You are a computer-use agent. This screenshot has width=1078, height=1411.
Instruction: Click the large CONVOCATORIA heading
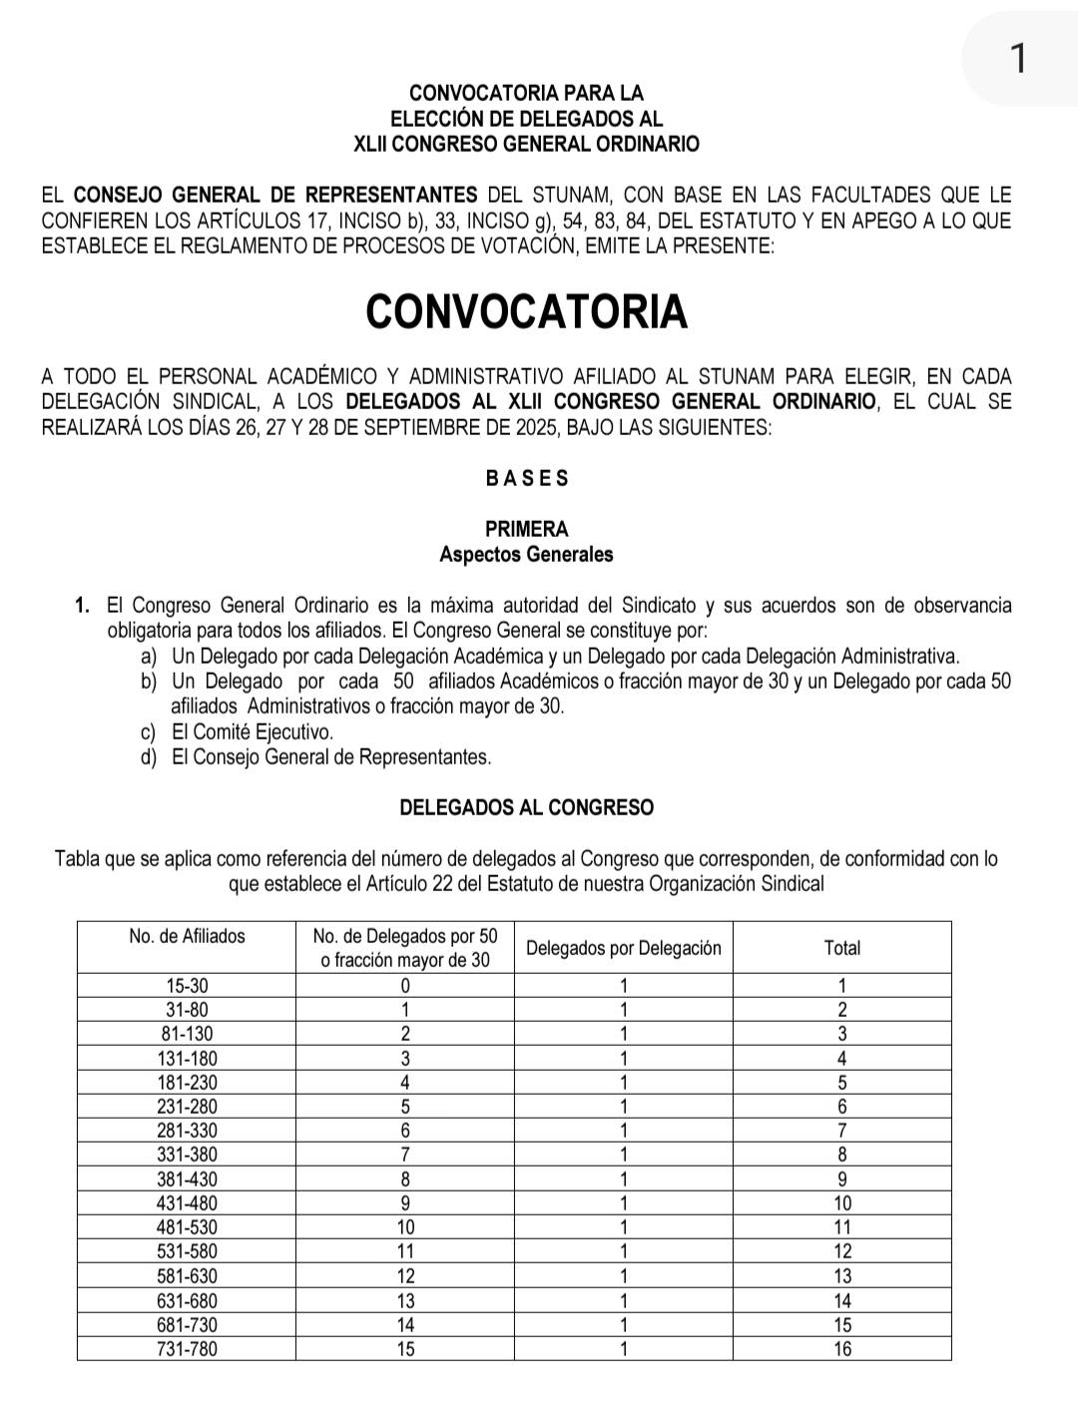click(x=526, y=311)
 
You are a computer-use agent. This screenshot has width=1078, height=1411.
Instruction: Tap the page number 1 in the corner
click(x=1017, y=58)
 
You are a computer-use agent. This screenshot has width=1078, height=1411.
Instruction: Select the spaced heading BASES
click(x=527, y=478)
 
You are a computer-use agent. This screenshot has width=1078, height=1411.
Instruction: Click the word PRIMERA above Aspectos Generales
click(x=526, y=529)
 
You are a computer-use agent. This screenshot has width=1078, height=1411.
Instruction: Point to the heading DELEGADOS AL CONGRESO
click(x=526, y=807)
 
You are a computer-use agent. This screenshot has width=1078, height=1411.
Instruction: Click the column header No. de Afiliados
click(x=187, y=936)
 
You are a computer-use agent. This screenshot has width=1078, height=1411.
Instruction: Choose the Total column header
click(x=841, y=948)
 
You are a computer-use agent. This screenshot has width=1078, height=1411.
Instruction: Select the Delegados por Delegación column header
click(x=623, y=948)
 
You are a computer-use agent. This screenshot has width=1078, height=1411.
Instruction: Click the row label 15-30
click(x=187, y=985)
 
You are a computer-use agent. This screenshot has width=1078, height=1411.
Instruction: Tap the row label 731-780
click(x=187, y=1349)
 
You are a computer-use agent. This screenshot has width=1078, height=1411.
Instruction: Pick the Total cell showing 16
click(x=842, y=1349)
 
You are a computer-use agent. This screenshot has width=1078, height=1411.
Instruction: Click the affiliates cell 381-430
click(x=187, y=1178)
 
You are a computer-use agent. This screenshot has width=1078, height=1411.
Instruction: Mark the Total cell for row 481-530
click(x=842, y=1227)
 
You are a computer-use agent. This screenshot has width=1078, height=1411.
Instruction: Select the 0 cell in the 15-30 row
click(x=405, y=985)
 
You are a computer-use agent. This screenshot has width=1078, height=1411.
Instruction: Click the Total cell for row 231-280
click(x=842, y=1107)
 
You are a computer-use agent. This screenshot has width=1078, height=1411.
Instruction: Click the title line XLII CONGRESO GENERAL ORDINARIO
click(x=526, y=144)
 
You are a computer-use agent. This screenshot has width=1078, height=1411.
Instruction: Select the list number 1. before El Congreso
click(x=83, y=606)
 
